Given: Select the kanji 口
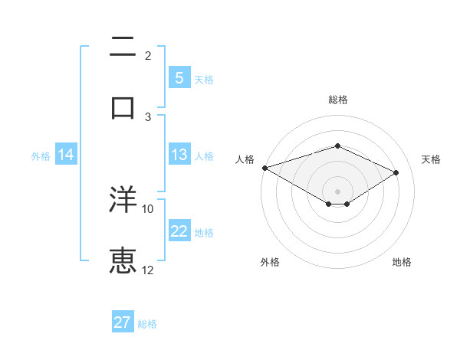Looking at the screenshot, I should coord(123,106).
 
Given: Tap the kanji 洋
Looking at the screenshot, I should coord(123,201).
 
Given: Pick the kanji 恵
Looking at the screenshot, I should coord(123,260).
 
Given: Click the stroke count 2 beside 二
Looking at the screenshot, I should coord(148,56).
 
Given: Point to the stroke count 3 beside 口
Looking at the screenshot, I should coord(148,116).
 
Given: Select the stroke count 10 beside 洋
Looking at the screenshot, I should coord(148,208).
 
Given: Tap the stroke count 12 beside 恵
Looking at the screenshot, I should coord(148,270).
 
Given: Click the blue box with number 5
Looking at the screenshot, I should coord(179,77).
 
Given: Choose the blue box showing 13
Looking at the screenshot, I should coord(179,155).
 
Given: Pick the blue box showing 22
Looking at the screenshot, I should coord(179,231).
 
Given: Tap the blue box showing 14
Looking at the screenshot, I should coord(66,155).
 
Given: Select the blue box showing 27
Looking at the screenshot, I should coord(123,322).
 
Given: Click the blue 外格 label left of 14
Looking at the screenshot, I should coord(41,155).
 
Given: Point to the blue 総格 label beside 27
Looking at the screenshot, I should coord(147,324).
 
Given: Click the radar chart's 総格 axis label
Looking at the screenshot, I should coord(337,100).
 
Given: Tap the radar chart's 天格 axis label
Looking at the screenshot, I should coord(431,159).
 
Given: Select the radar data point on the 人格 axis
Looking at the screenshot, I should coord(264,168).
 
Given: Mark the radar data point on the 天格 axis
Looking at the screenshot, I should coord(396,172).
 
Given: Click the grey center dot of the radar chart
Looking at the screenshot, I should coord(337,191).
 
